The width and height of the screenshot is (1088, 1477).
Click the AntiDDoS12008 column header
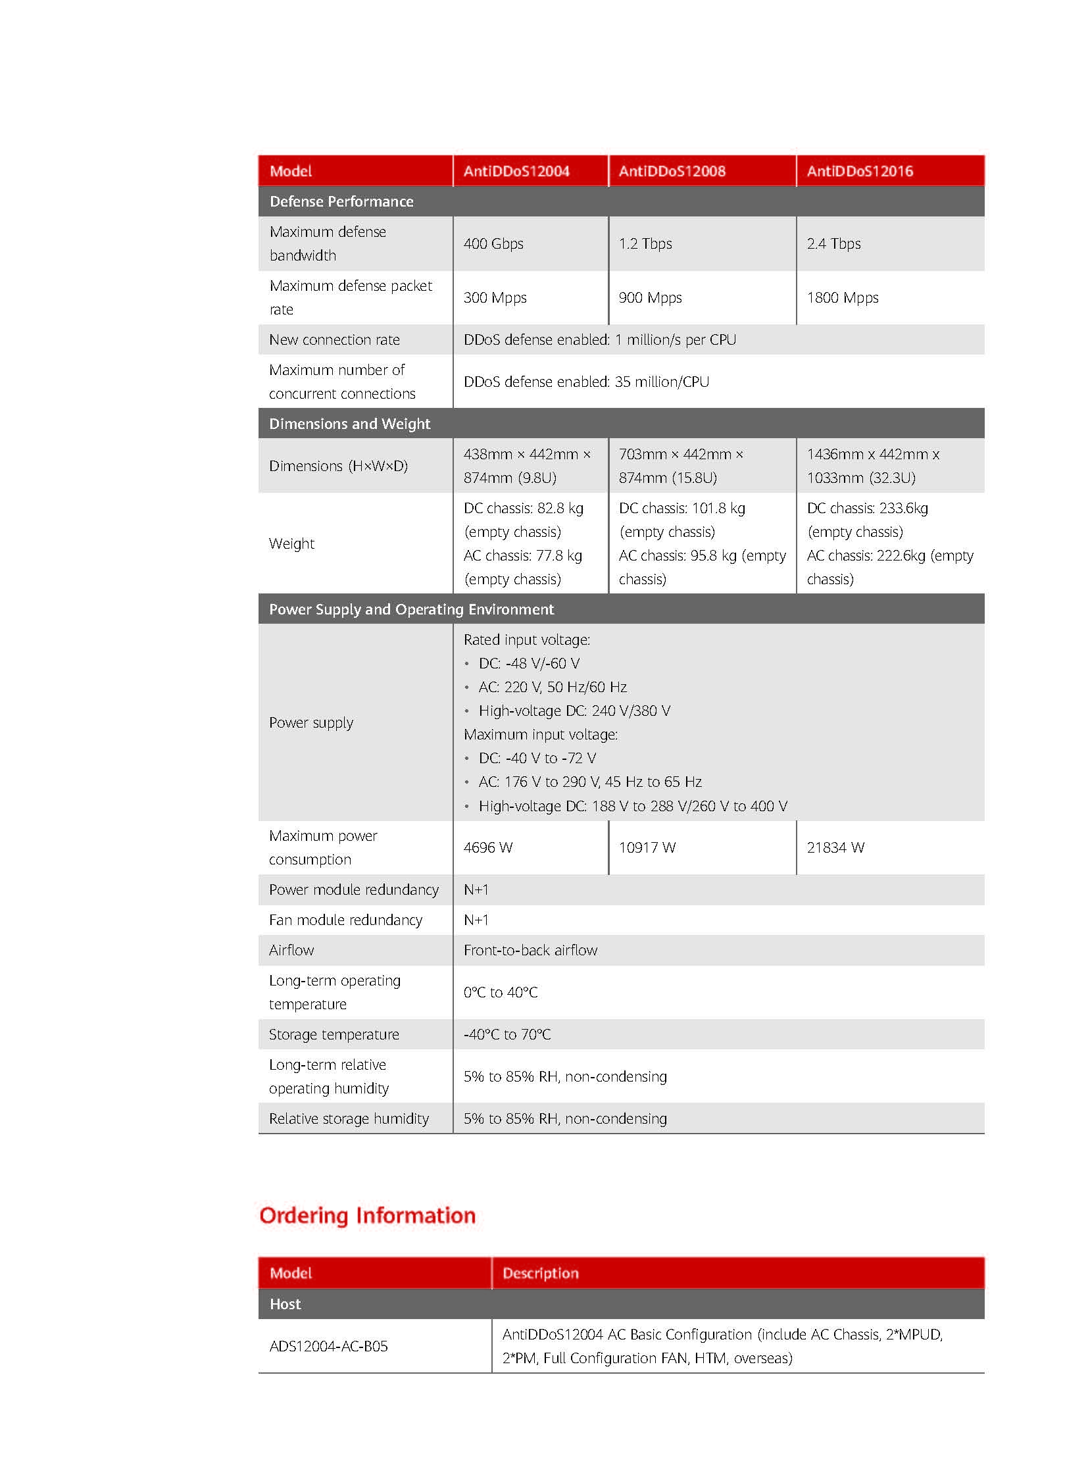click(672, 171)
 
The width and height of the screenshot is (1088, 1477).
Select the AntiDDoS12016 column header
click(860, 171)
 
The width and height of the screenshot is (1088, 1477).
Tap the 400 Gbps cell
click(493, 243)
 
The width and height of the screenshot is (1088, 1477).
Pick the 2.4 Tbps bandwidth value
click(833, 243)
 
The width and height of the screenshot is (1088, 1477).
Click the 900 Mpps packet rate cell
click(650, 298)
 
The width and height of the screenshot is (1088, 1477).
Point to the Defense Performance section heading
click(341, 201)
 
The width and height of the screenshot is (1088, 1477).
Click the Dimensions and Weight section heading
click(349, 424)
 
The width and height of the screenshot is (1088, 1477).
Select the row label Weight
click(292, 543)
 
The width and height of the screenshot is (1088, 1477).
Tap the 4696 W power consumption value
click(487, 847)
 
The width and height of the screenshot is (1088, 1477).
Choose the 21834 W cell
click(835, 847)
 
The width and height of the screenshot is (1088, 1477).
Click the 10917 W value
click(647, 847)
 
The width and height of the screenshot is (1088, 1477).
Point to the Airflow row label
click(291, 950)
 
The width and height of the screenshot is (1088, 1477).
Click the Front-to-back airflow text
click(530, 950)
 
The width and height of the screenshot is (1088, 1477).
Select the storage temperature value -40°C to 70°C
click(507, 1034)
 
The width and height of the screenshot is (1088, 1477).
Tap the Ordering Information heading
click(368, 1215)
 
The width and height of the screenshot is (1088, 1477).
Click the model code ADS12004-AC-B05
click(328, 1346)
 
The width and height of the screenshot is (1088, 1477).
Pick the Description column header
click(540, 1273)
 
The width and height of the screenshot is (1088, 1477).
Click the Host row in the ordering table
click(285, 1304)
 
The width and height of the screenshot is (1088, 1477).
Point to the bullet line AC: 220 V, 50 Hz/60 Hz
click(552, 687)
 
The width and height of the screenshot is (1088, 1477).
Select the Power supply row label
click(311, 722)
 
